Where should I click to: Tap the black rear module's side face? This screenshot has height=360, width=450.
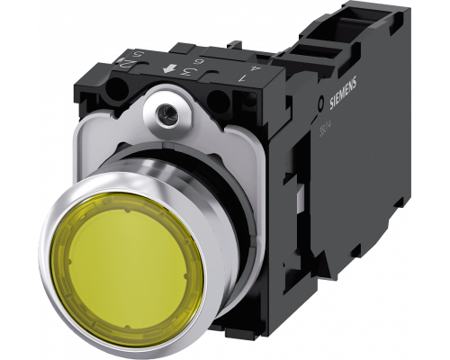(342, 198)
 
